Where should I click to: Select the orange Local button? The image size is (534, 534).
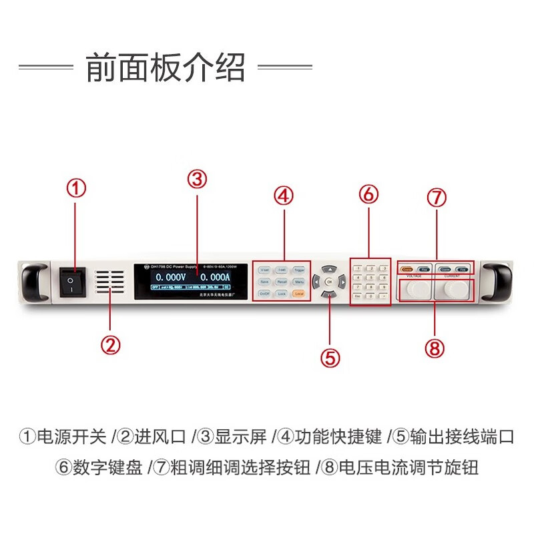click(298, 293)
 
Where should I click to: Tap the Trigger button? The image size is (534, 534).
click(298, 270)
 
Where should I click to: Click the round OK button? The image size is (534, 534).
click(328, 281)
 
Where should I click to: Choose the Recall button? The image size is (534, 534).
click(282, 282)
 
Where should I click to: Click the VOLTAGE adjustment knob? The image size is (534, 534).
click(416, 288)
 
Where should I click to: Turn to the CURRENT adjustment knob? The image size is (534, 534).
click(456, 288)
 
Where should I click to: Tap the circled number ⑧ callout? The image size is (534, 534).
click(434, 347)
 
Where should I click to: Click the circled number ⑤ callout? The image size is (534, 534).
click(330, 358)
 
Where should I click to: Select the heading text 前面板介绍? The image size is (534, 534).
click(166, 67)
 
